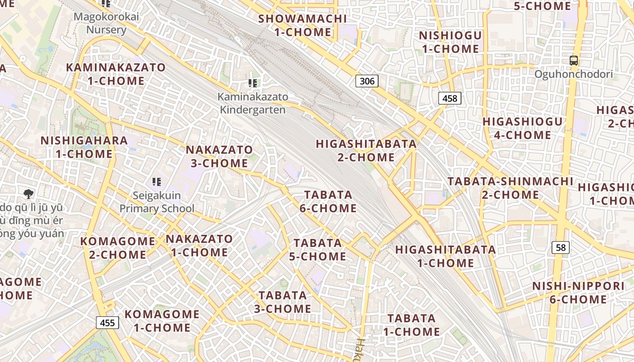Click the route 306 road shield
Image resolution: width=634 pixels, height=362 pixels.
(x=367, y=81)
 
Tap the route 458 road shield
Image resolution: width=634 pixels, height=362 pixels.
(x=450, y=98)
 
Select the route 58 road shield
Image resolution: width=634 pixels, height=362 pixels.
(x=561, y=248)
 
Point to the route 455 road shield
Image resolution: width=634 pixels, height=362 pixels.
(x=107, y=323)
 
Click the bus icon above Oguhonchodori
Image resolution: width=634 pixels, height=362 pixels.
(x=573, y=60)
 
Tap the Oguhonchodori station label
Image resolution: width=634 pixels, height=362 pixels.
(x=573, y=74)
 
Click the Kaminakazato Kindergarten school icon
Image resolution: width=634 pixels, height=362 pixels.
(x=253, y=83)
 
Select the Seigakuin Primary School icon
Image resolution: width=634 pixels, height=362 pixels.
(x=157, y=182)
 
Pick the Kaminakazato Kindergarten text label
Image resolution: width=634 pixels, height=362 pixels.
(x=253, y=103)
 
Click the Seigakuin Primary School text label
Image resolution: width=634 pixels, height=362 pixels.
(x=157, y=202)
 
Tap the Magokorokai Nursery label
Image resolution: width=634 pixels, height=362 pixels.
(x=106, y=24)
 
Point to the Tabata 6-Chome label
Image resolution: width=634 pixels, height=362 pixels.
(x=328, y=201)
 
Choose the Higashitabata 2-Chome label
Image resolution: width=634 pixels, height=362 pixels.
(x=366, y=151)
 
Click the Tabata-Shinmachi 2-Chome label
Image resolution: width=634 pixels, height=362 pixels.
(x=510, y=188)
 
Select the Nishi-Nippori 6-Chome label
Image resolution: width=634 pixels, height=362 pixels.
(x=578, y=293)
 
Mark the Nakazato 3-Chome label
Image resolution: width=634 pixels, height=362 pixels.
(x=219, y=156)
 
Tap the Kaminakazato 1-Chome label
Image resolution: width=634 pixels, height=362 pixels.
(x=116, y=74)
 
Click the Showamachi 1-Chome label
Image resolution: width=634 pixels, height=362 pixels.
(x=303, y=25)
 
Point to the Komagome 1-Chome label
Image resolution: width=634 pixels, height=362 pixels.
(x=162, y=320)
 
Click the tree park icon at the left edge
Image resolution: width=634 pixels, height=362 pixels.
(x=29, y=194)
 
